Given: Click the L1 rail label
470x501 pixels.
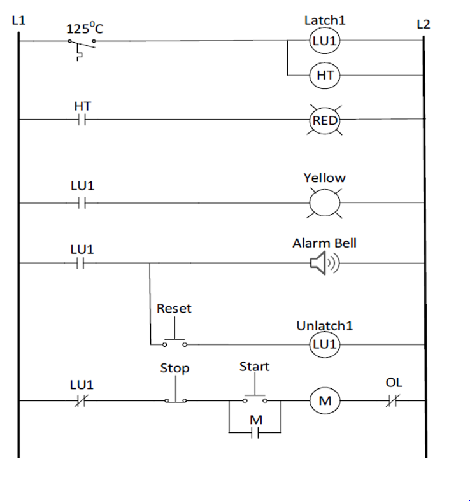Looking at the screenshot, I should point(19,20).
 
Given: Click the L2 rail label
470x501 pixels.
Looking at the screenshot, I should point(423,25).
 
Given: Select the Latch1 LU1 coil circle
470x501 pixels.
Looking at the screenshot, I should point(325,41).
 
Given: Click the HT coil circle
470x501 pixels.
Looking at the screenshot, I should point(325,75).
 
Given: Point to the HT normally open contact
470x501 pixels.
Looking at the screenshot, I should point(82,119).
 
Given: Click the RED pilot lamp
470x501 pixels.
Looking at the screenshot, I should point(325,120).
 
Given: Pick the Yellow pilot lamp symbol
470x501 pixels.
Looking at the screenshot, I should point(325,203).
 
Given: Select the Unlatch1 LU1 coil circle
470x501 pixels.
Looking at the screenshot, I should point(325,344).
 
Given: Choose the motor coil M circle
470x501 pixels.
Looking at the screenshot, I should point(325,400).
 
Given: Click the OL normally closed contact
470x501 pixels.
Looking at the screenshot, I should point(393,400).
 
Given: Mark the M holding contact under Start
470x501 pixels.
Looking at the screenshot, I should point(255,433).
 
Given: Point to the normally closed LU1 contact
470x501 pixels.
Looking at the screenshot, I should point(82,400).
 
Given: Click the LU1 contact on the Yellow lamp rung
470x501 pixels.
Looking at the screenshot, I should point(82,203).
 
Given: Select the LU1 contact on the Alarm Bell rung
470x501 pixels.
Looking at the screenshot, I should point(82,262).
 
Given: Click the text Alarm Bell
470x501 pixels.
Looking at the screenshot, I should point(325,243).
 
